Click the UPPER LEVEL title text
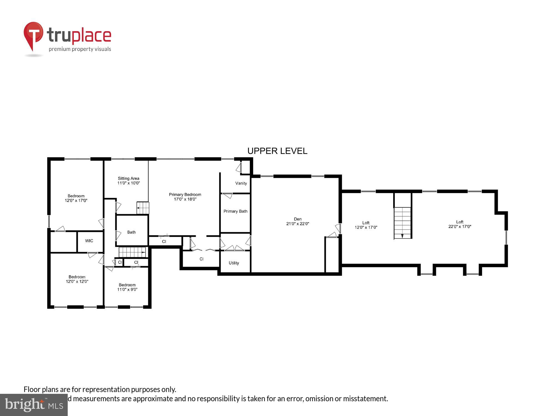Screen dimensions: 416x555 point(277,151)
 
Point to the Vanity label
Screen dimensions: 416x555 point(241,183)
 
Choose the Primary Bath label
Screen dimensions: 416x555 point(235,211)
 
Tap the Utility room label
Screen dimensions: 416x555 point(234,263)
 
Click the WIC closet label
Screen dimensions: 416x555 point(89,241)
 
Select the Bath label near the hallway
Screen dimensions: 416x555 point(131,232)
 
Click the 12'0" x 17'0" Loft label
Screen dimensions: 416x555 point(366,225)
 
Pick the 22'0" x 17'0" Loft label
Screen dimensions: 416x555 point(460,224)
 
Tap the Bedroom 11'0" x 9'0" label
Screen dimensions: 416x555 point(127,287)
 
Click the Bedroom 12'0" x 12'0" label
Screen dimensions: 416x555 point(77,279)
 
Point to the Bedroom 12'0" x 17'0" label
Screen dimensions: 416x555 point(76,198)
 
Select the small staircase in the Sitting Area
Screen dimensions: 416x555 point(143,208)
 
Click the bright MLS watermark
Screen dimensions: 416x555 point(34,405)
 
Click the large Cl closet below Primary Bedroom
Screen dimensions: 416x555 point(201,259)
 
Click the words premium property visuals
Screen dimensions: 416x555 point(80,49)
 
